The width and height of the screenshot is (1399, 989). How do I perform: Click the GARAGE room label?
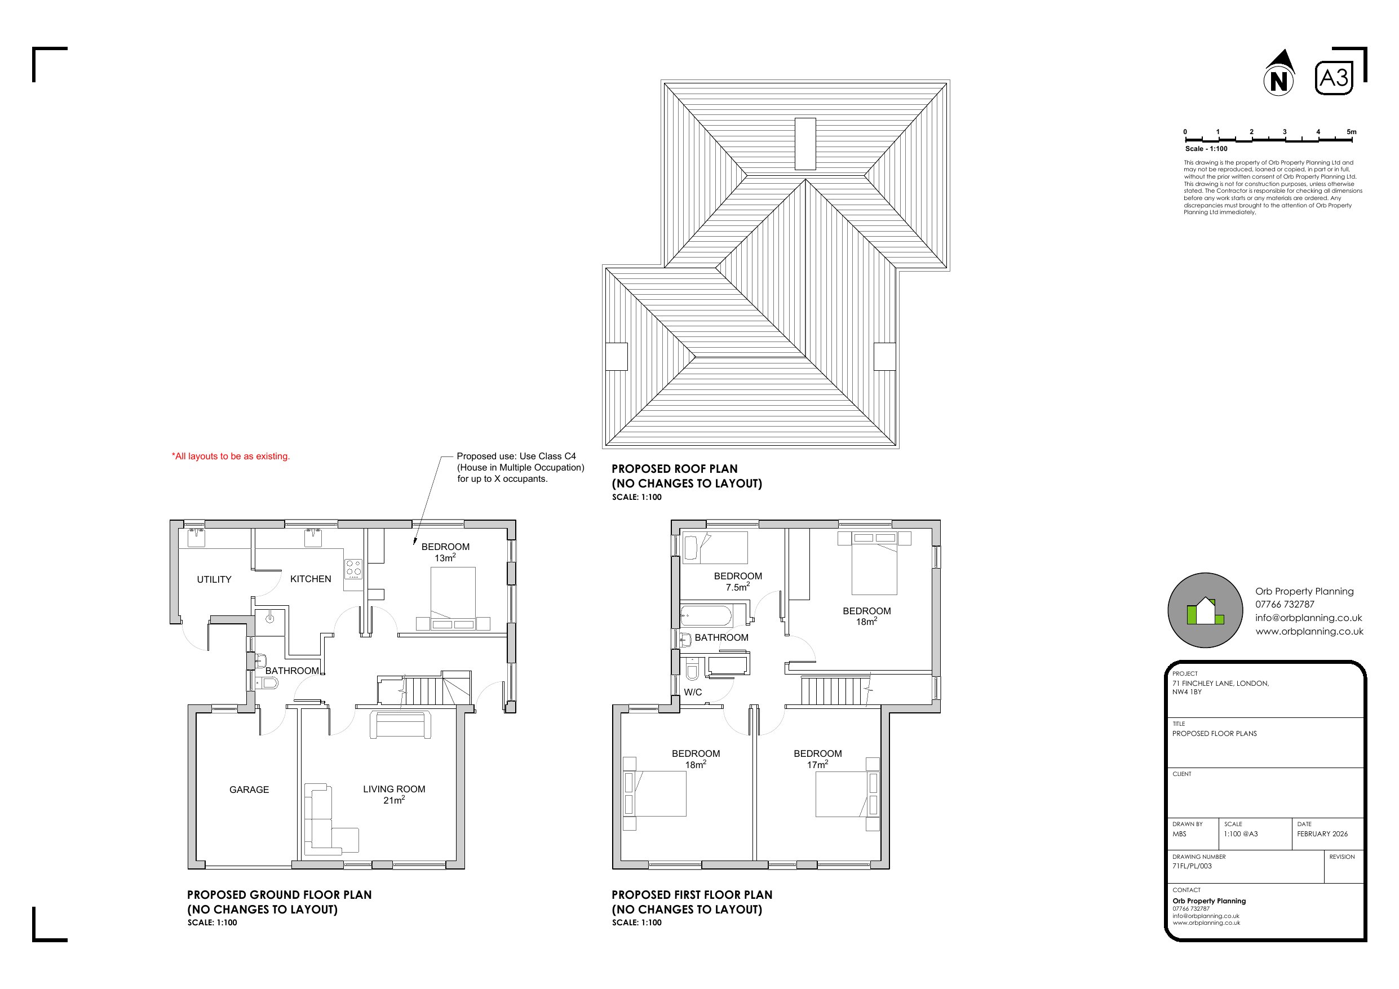click(x=249, y=790)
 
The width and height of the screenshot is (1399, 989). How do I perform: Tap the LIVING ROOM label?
click(x=393, y=789)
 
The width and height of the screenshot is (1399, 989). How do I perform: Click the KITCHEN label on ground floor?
click(x=310, y=579)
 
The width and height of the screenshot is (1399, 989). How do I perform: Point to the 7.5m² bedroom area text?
click(x=737, y=587)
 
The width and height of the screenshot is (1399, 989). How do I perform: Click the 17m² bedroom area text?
click(x=817, y=765)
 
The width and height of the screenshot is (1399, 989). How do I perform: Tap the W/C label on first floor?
click(x=693, y=692)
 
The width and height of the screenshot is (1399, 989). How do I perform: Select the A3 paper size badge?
click(x=1334, y=78)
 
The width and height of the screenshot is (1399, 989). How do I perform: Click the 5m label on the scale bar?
click(x=1352, y=132)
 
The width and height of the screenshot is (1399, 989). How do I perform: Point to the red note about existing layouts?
click(x=231, y=456)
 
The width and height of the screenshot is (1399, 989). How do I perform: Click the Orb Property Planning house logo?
click(x=1205, y=610)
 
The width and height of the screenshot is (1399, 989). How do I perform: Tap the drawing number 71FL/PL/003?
click(x=1192, y=866)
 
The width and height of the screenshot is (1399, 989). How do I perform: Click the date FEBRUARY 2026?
click(x=1322, y=833)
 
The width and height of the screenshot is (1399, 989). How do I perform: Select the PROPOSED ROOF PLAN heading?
click(x=674, y=469)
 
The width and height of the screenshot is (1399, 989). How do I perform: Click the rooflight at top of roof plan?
click(x=805, y=143)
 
